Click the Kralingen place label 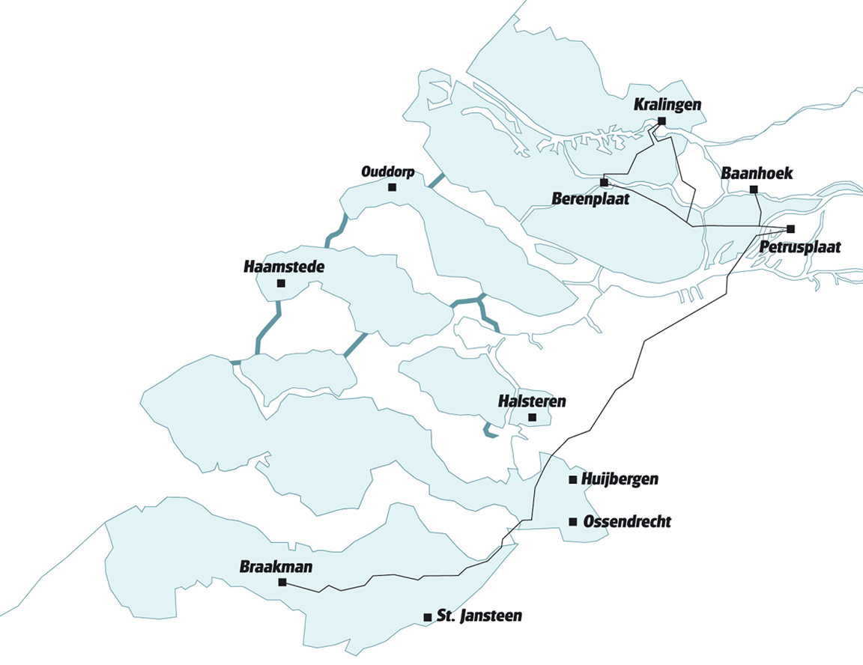(x=667, y=105)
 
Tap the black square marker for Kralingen (x=662, y=121)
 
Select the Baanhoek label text (x=756, y=174)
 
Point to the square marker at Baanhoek (x=754, y=189)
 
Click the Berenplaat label (x=590, y=199)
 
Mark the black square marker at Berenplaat (x=604, y=182)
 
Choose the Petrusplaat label (x=800, y=246)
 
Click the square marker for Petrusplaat (x=790, y=229)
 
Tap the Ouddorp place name (x=387, y=171)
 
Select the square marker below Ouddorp (x=392, y=187)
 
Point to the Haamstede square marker (x=281, y=283)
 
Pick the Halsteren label (x=532, y=402)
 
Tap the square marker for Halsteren (x=532, y=417)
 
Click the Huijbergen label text (x=620, y=479)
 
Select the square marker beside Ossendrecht (x=573, y=521)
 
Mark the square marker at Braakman (x=282, y=582)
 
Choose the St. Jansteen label (x=479, y=616)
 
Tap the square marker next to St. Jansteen (x=427, y=617)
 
